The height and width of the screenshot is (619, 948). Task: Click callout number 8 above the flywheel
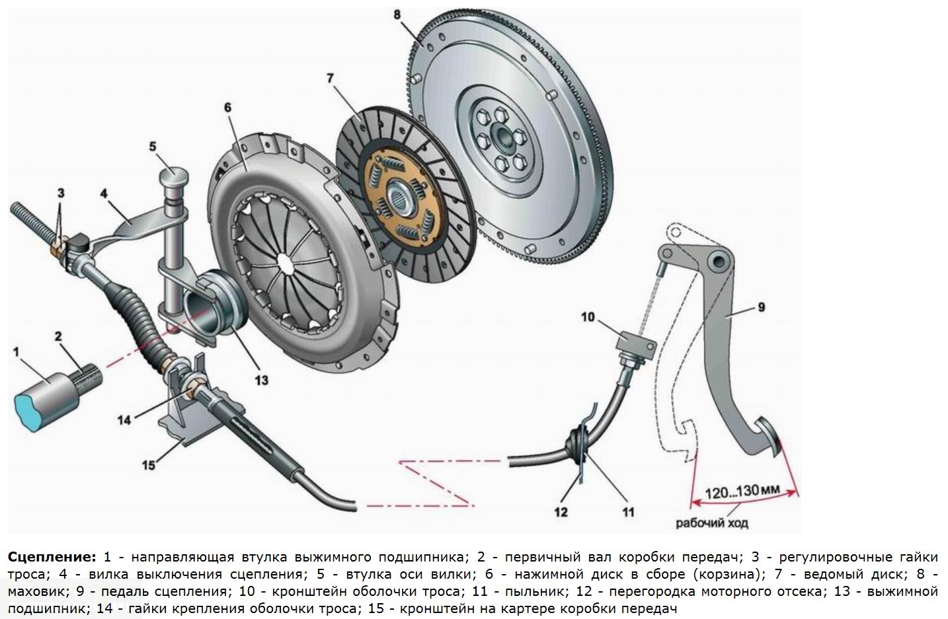tap(397, 13)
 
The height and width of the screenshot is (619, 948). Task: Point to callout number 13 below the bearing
tap(262, 380)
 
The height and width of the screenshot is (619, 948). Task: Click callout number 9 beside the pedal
tap(761, 307)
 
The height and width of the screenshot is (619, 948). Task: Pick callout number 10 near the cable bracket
tap(588, 318)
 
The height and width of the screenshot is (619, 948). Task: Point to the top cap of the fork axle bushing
tap(175, 177)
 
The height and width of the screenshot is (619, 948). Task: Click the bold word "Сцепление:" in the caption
tap(52, 556)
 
